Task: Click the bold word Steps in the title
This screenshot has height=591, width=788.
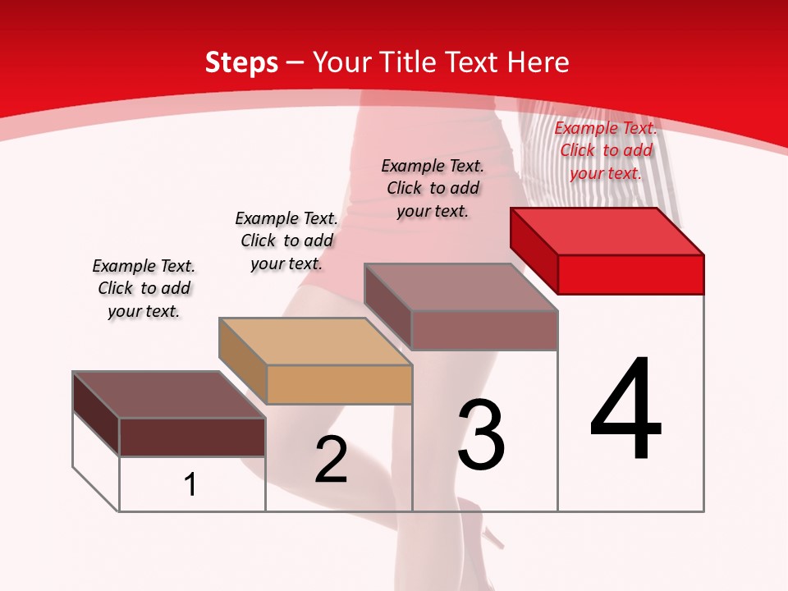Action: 241,62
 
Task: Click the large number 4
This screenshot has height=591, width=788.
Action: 626,410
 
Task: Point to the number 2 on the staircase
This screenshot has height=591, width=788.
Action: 331,459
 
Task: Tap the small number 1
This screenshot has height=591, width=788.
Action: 190,484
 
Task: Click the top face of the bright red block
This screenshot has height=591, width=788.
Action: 607,231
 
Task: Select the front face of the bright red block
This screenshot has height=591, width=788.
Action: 630,274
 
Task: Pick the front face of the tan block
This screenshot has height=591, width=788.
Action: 339,384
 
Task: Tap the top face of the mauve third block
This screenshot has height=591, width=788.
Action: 461,287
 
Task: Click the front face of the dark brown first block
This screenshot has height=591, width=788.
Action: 192,437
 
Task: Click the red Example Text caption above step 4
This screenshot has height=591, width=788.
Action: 606,151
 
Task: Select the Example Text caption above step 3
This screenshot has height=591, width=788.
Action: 433,188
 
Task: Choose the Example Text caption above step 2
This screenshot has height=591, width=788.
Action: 286,241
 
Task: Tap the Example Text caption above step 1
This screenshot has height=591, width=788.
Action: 144,288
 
